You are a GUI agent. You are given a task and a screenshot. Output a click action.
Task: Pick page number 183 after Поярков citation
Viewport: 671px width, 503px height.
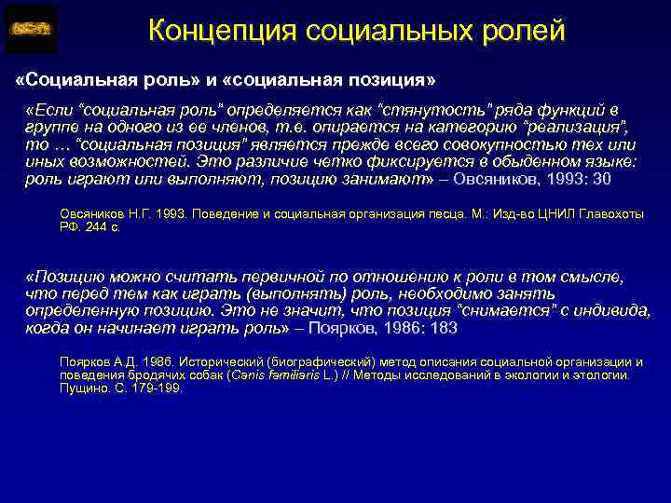[x=445, y=328]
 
